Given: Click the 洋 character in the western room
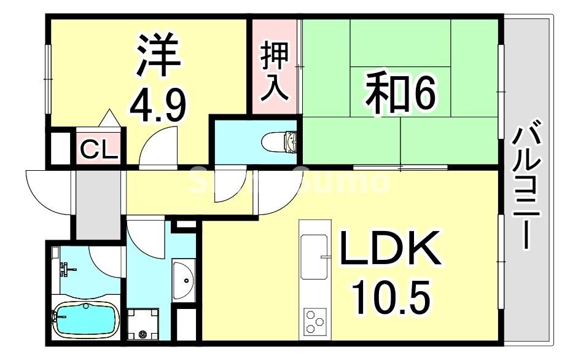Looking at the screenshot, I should [158, 56].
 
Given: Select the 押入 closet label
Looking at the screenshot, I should [273, 71].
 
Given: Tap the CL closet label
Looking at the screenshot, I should [99, 150].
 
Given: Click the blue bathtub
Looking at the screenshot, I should [84, 319].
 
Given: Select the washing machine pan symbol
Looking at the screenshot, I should [143, 323].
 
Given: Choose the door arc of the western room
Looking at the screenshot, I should [158, 145].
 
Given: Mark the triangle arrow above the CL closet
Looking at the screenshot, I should [109, 118].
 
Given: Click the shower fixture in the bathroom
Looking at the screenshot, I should [64, 268].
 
